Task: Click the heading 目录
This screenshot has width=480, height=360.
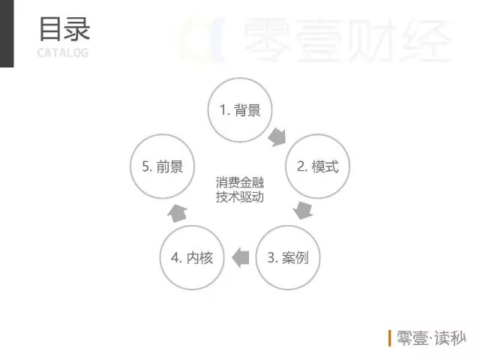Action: [x=64, y=29]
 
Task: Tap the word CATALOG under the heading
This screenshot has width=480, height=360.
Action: [x=62, y=52]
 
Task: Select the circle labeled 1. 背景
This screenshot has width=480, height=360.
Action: [x=240, y=109]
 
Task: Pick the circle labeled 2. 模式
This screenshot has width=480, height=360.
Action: [x=317, y=166]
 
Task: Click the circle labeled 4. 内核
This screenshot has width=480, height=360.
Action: [x=192, y=258]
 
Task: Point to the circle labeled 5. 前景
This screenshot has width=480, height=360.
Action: [x=162, y=166]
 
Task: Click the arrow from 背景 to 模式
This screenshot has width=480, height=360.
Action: [x=277, y=137]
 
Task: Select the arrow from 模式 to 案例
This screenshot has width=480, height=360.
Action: [x=303, y=209]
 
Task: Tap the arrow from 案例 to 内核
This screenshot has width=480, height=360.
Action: [x=240, y=258]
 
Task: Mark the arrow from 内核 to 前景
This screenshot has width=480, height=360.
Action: [x=176, y=212]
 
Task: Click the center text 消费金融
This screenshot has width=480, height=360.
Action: [x=240, y=183]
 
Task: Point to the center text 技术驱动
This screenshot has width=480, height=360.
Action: [x=240, y=198]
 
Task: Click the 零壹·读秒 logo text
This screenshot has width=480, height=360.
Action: [x=430, y=338]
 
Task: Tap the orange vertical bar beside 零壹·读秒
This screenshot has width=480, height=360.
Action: [x=390, y=338]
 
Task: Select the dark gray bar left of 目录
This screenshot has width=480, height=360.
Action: [x=7, y=34]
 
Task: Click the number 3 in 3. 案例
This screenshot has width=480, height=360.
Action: [x=271, y=258]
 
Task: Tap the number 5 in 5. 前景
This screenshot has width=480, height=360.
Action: [x=145, y=166]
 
